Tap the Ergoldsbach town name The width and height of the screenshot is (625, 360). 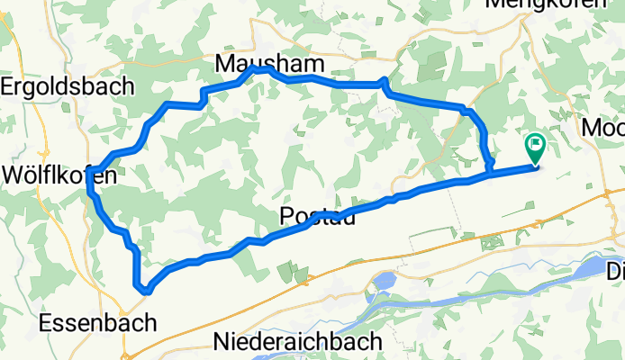68,87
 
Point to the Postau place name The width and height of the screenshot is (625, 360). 310,216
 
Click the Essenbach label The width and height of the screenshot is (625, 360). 98,322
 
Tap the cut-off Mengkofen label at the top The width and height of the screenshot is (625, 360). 558,4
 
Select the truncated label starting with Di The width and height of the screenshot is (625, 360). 615,271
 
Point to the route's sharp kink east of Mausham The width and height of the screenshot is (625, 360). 385,82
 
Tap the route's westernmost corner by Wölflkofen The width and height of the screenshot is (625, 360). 90,187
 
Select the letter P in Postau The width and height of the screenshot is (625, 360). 286,216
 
